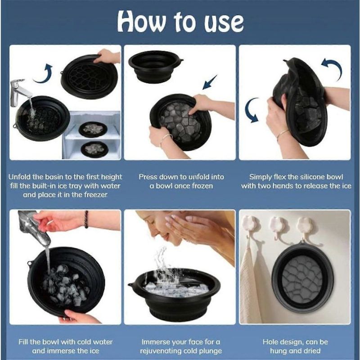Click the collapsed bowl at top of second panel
coord(155,67)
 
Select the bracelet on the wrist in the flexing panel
coord(283,134)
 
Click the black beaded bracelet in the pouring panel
coord(86,219)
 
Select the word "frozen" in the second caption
coord(201,186)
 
